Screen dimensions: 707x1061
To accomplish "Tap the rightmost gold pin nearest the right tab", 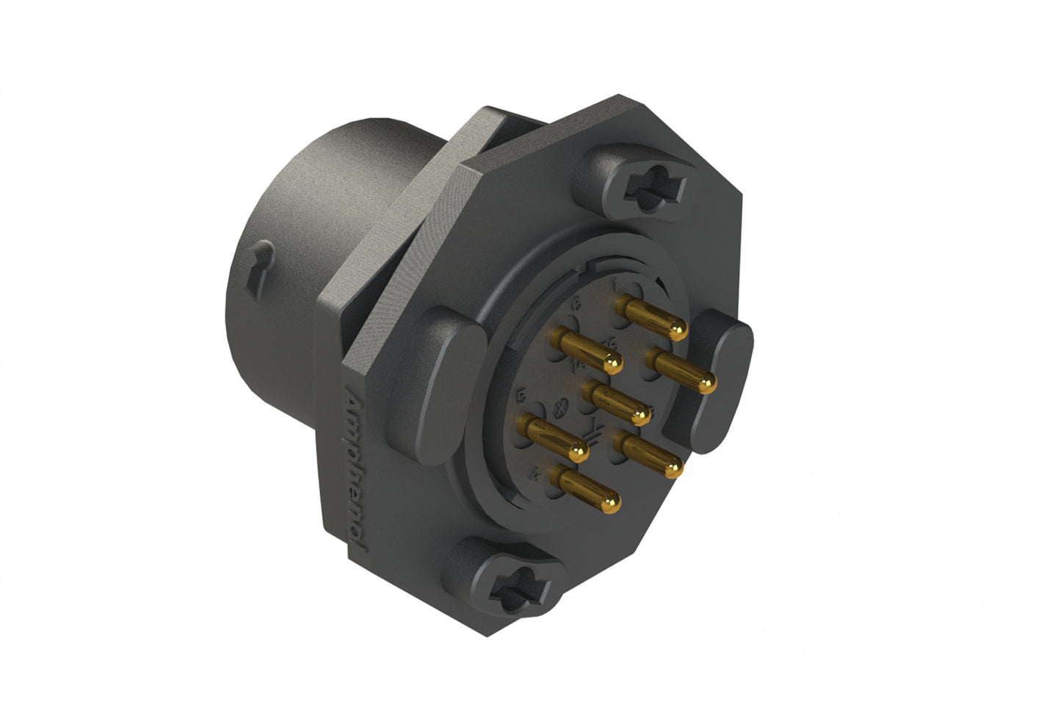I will click(680, 371).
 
